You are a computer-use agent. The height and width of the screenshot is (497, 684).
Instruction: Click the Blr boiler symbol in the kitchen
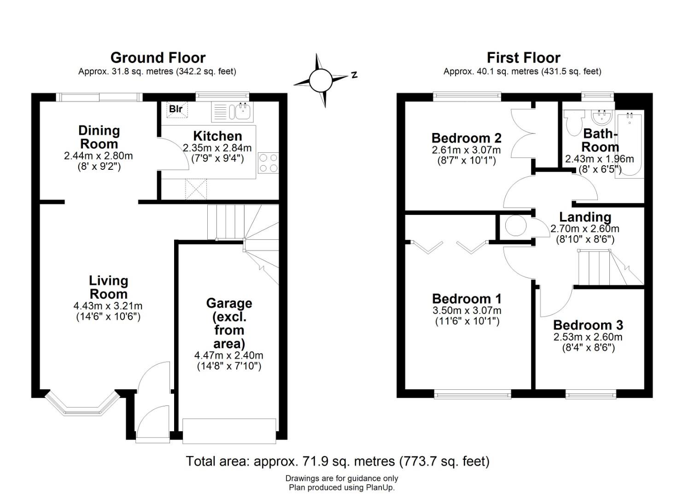coord(177,109)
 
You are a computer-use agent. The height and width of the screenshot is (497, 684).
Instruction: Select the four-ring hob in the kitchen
coord(269,163)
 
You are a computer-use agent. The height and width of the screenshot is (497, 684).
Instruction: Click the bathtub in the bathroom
coord(630,144)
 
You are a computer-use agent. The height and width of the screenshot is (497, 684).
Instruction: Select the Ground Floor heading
coord(158,58)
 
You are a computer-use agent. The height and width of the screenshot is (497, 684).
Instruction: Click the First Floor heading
coord(523,58)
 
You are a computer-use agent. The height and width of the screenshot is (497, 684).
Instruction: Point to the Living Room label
coord(108,288)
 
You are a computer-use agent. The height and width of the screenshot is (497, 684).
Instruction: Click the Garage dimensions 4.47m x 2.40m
coord(229,355)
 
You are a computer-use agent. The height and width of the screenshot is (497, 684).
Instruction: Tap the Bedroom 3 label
coord(588,325)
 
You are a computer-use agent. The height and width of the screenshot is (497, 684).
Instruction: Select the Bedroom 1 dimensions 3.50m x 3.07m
coord(467,310)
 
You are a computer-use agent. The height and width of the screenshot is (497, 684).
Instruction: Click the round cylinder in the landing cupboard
coord(516,225)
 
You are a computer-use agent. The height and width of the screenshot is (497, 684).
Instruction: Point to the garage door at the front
coord(229,431)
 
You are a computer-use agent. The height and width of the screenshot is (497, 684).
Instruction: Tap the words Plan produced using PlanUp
coord(342,487)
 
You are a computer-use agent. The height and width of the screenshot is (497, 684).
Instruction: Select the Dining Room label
coord(99,137)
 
